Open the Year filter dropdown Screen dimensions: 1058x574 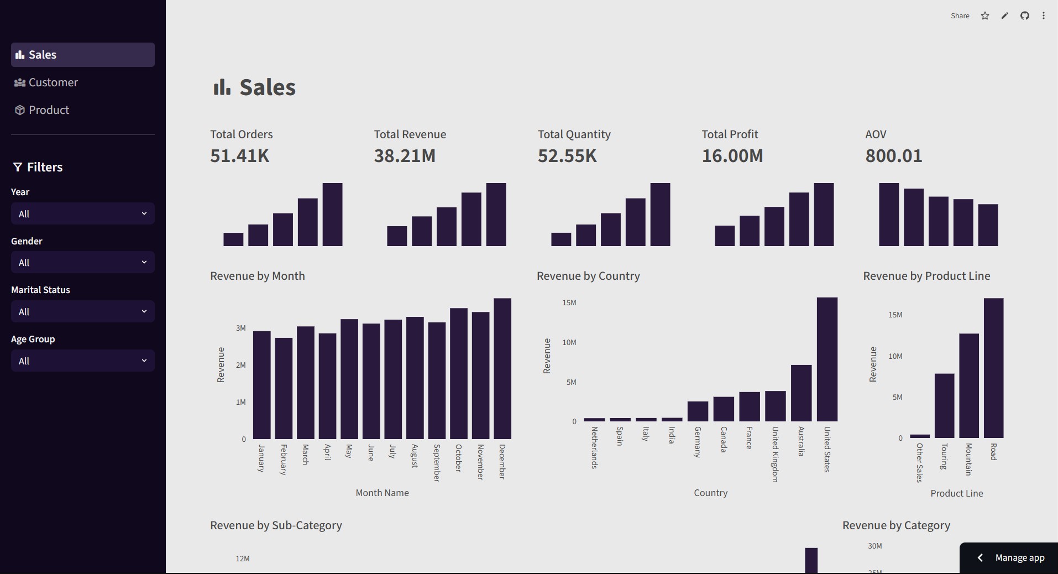point(82,213)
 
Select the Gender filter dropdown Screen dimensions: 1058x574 point(82,262)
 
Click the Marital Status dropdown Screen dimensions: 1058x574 point(82,311)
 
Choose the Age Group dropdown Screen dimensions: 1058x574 point(82,361)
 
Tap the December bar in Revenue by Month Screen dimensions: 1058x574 point(502,368)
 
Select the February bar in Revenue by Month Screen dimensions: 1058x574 point(284,388)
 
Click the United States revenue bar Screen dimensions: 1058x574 point(827,359)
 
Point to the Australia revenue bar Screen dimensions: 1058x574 point(801,393)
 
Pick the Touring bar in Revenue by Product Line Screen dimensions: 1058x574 point(944,406)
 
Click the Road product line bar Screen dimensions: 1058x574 point(993,368)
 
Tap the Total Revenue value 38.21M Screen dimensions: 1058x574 point(405,156)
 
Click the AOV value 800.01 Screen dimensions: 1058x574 point(894,156)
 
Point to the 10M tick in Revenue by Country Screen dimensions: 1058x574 point(569,342)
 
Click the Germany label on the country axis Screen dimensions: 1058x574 point(698,442)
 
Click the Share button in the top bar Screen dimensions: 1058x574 point(960,15)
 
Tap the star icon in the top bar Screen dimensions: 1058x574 point(985,15)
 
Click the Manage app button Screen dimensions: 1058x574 point(1009,558)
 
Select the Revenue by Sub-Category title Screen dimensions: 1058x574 point(276,525)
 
